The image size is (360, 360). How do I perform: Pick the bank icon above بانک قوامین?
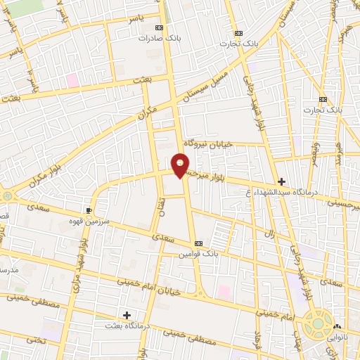pos(198,243)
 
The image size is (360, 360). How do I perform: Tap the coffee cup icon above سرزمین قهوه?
pos(89,210)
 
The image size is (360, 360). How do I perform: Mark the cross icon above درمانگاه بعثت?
pos(127,314)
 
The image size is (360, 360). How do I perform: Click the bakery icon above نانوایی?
pos(338,327)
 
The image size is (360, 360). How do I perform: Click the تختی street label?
pos(15,340)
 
